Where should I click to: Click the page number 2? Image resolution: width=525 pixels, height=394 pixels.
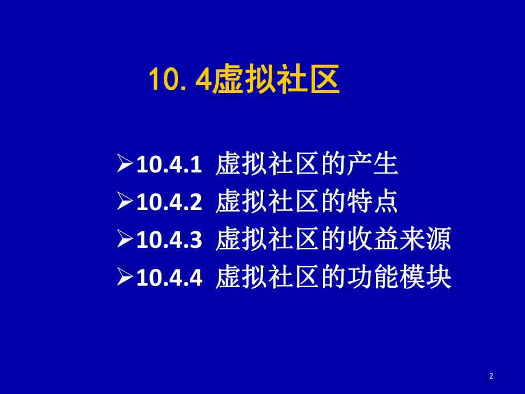pyautogui.click(x=491, y=375)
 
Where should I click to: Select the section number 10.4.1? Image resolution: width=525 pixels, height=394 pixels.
pyautogui.click(x=169, y=166)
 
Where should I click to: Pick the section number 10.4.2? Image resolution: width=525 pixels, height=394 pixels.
pyautogui.click(x=169, y=203)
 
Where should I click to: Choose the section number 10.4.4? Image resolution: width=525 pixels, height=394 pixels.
pyautogui.click(x=169, y=279)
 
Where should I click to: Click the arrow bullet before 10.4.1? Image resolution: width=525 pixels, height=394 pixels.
pyautogui.click(x=125, y=166)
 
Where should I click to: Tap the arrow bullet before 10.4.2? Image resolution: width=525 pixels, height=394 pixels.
pyautogui.click(x=125, y=203)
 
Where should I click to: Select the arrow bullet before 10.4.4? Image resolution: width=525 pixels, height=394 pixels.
pyautogui.click(x=125, y=279)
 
